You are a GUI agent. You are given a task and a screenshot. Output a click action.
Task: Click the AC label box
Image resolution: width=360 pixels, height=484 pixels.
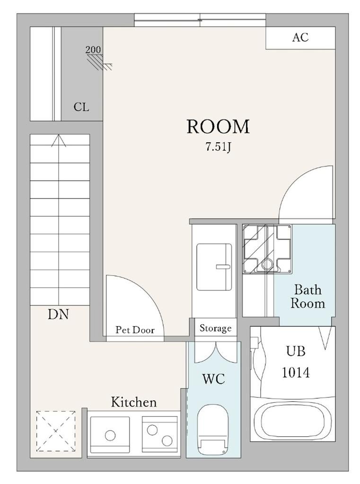tap(301, 38)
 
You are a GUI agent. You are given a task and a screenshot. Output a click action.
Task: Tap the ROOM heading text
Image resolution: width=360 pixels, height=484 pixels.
tap(218, 127)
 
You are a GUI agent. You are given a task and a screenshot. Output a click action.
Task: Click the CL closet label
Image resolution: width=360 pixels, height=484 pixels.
tap(81, 107)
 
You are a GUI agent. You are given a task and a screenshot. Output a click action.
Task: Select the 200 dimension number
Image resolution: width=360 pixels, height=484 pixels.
tap(93, 49)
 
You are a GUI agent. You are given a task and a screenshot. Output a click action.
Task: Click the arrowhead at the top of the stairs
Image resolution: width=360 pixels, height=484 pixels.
tap(59, 140)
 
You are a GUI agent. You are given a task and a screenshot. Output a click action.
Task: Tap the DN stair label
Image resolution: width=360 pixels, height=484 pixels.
tap(58, 314)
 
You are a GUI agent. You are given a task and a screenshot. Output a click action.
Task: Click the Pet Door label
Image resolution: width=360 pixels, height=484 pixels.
tap(135, 330)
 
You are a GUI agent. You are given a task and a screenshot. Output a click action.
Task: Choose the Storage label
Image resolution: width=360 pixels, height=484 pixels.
tap(215, 328)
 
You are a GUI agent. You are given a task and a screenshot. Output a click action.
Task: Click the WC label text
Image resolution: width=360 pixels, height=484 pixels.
tap(213, 379)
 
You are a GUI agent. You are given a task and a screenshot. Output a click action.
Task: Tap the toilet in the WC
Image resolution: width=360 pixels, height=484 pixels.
tap(213, 430)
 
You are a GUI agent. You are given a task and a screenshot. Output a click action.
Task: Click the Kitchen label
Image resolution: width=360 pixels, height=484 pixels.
tap(134, 402)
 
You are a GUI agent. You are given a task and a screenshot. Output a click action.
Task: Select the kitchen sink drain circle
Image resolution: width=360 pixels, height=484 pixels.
tap(110, 435)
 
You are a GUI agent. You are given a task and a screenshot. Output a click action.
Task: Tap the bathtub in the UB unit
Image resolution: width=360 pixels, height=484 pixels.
tap(293, 421)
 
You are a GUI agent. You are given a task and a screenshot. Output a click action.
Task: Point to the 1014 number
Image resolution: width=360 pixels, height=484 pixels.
tap(296, 372)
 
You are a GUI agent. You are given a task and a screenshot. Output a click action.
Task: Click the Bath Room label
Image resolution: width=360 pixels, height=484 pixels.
tap(308, 297)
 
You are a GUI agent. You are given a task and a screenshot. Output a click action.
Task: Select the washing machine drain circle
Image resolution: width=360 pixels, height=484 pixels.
tap(267, 265)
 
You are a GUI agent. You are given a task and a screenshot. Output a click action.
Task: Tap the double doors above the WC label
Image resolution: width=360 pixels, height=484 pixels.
tap(215, 352)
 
